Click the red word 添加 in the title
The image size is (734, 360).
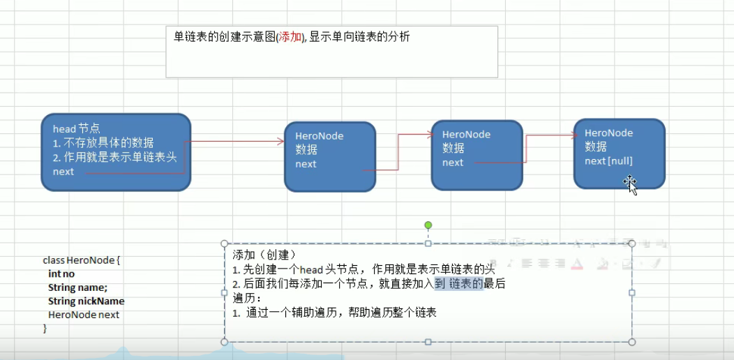click(x=290, y=38)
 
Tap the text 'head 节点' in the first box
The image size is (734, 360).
click(x=76, y=129)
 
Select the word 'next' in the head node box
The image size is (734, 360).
click(x=63, y=172)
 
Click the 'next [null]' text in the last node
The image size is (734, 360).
click(x=608, y=161)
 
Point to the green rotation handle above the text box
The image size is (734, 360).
click(x=428, y=225)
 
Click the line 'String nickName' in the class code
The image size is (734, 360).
click(x=86, y=301)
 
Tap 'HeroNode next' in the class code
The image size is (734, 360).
click(x=84, y=315)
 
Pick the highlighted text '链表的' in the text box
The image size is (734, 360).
click(x=466, y=283)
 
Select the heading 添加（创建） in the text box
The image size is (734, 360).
click(x=264, y=255)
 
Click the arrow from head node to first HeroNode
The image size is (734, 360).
click(x=237, y=142)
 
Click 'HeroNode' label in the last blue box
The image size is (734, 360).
click(x=608, y=133)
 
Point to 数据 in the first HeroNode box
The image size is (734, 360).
click(x=306, y=150)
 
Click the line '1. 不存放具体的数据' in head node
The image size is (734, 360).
click(x=103, y=143)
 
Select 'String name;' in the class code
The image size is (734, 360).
click(x=77, y=287)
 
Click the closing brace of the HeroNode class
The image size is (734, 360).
click(x=45, y=328)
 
